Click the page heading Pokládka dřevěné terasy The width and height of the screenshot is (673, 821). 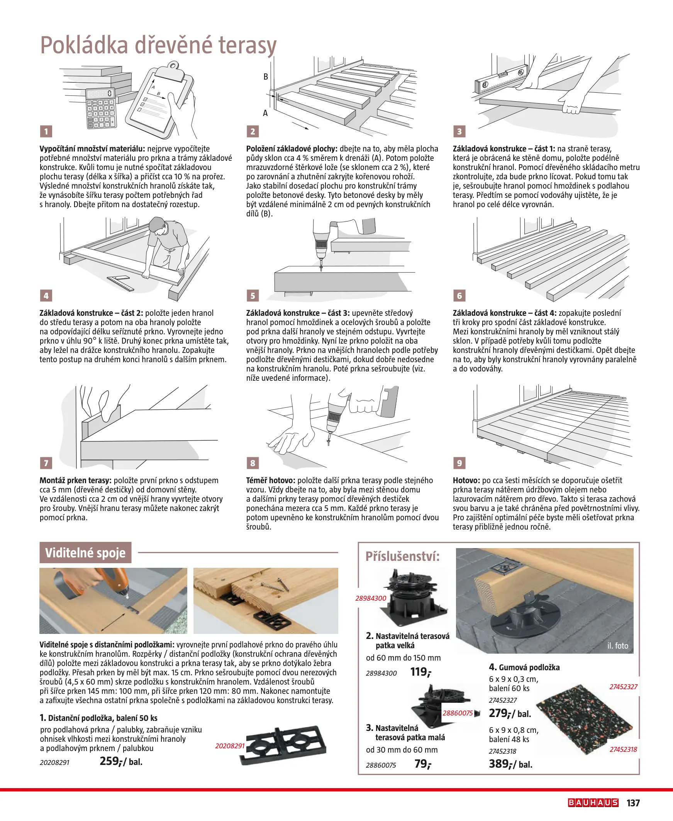[x=158, y=45]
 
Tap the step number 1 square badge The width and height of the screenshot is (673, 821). [x=46, y=131]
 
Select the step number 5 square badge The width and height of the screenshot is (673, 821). [x=253, y=296]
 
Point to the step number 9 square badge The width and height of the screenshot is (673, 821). [x=459, y=463]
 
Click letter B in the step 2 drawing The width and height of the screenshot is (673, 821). [x=266, y=77]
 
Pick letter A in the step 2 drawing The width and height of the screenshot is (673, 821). [x=265, y=113]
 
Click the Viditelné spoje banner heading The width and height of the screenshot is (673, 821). [x=85, y=552]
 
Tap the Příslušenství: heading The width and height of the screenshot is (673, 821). [x=402, y=556]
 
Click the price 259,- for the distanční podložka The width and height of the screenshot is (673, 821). [x=110, y=761]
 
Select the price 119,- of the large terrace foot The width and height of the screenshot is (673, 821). [x=420, y=672]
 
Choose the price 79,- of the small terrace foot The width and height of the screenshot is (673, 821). [x=422, y=764]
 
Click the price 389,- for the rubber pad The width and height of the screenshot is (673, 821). [x=499, y=764]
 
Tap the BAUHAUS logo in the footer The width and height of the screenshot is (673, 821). [x=593, y=803]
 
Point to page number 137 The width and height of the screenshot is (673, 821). [x=633, y=803]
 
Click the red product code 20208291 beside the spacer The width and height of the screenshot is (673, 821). [x=230, y=746]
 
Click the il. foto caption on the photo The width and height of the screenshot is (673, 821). [x=617, y=646]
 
